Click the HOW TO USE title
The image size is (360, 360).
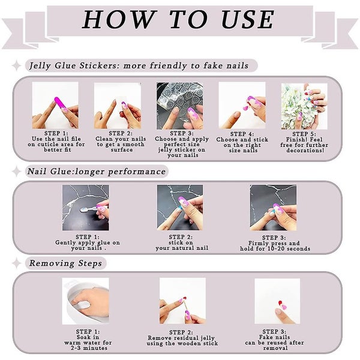click(179, 19)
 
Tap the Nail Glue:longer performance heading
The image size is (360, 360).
click(97, 172)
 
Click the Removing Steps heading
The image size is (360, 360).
click(65, 263)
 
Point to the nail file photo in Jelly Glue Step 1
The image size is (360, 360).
click(55, 106)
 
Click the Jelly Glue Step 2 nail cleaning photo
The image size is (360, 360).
click(117, 106)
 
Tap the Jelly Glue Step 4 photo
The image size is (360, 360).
click(242, 106)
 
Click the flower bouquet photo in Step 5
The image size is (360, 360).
click(304, 106)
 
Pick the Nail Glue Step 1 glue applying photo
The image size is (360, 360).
click(86, 207)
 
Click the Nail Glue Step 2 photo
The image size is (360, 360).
click(180, 207)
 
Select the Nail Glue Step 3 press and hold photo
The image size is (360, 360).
click(273, 207)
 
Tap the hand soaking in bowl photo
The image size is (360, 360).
click(86, 301)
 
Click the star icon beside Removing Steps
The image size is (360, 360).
click(17, 263)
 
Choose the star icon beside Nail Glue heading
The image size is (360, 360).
click(17, 172)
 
